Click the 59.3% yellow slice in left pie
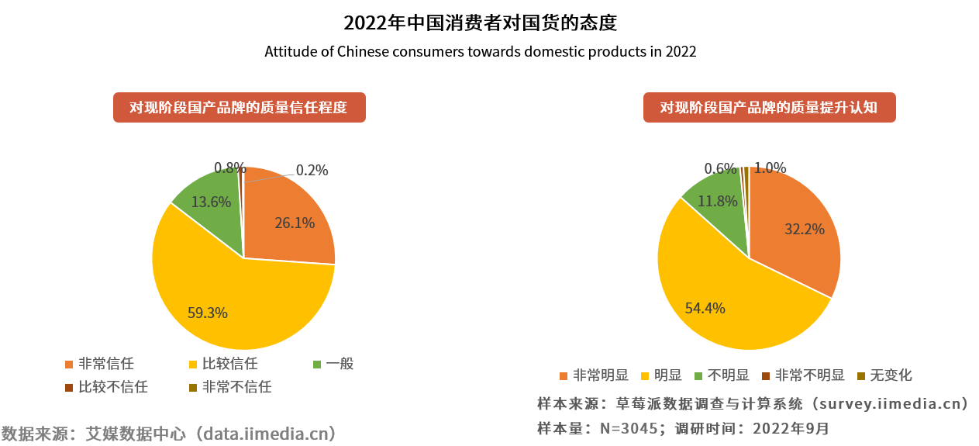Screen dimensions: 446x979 [209, 303]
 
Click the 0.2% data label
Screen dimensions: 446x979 [312, 171]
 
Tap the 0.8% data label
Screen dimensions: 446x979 [229, 168]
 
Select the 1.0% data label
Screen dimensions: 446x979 [770, 168]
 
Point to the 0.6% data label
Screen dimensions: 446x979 [720, 168]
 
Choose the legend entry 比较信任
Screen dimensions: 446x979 [229, 363]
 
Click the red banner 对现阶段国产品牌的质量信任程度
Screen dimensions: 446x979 [239, 108]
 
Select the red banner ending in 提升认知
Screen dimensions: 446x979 [769, 108]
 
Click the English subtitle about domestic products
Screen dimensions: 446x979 [481, 52]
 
